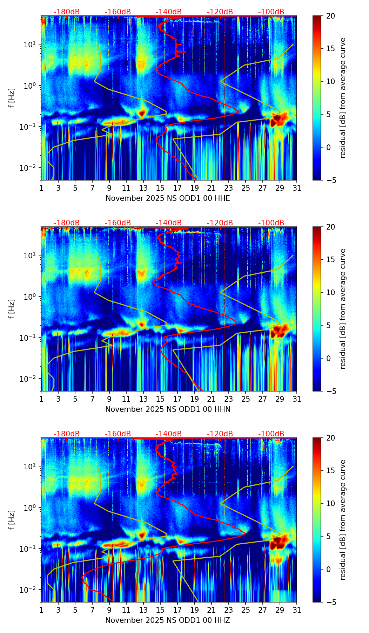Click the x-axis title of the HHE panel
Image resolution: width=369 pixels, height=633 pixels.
(x=168, y=198)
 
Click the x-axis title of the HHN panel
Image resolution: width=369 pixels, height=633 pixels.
(x=168, y=409)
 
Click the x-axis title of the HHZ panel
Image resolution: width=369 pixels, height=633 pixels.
(x=168, y=620)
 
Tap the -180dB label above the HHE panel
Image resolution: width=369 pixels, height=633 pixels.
(x=67, y=12)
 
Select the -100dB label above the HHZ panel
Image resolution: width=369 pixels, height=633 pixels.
(x=271, y=434)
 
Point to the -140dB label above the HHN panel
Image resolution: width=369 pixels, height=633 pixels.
(x=169, y=223)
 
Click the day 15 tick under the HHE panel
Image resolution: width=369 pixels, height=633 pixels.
(x=160, y=188)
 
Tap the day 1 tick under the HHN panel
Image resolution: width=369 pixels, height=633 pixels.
(x=41, y=399)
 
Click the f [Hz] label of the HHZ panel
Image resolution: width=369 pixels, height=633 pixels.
(x=12, y=520)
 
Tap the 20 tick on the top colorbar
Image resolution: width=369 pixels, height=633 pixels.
(x=331, y=16)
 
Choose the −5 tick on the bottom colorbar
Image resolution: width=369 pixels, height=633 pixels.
(x=331, y=602)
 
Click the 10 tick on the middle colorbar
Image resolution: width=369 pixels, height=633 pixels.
(x=331, y=292)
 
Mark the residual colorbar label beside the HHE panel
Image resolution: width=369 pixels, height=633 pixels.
(x=343, y=98)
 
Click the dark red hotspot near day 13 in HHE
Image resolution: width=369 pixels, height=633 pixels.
(x=142, y=113)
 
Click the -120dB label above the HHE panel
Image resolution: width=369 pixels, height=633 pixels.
(x=220, y=12)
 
